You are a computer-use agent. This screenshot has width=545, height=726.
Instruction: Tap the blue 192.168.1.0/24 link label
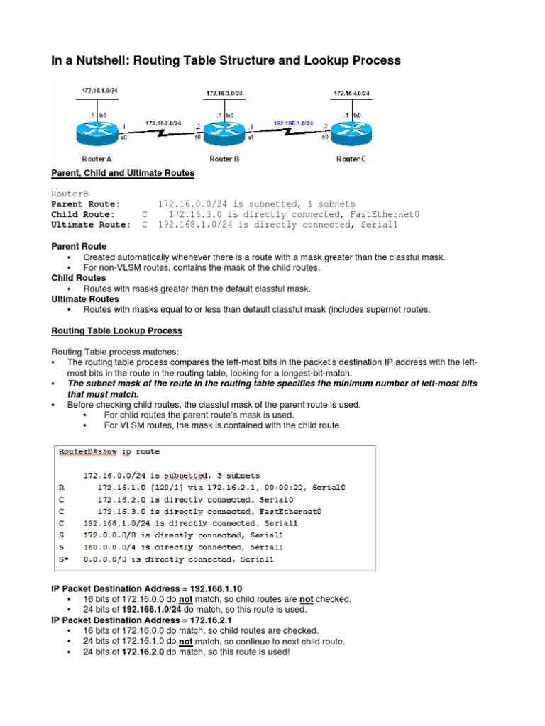click(x=293, y=123)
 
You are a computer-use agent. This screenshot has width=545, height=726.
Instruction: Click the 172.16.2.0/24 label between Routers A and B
click(x=164, y=123)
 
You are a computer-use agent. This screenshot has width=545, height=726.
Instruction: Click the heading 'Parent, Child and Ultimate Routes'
click(x=123, y=173)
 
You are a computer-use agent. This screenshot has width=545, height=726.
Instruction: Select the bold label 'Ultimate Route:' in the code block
click(x=90, y=225)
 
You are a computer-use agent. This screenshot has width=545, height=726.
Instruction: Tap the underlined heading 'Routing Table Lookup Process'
click(x=116, y=331)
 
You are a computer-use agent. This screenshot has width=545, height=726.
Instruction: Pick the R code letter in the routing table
click(x=62, y=488)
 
